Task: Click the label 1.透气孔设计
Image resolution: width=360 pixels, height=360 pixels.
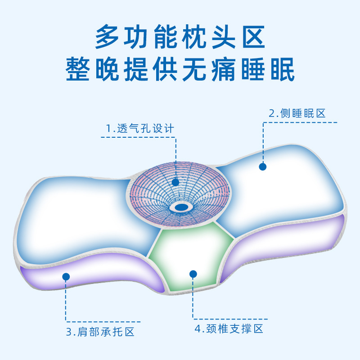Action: pyautogui.click(x=140, y=128)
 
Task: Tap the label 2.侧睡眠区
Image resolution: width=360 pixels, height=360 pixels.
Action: pyautogui.click(x=297, y=113)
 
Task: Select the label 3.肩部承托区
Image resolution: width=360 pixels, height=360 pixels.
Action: pyautogui.click(x=100, y=333)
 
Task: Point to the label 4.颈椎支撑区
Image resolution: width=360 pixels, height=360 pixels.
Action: pyautogui.click(x=229, y=328)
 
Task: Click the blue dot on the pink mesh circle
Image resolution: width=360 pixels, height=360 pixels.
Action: pyautogui.click(x=175, y=182)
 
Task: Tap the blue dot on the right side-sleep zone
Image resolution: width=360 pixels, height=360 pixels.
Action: pyautogui.click(x=263, y=166)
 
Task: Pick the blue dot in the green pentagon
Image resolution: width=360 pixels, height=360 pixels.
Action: pyautogui.click(x=193, y=274)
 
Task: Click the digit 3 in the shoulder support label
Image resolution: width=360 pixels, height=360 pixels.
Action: pyautogui.click(x=69, y=333)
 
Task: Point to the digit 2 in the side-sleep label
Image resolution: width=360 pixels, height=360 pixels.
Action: pyautogui.click(x=271, y=113)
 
